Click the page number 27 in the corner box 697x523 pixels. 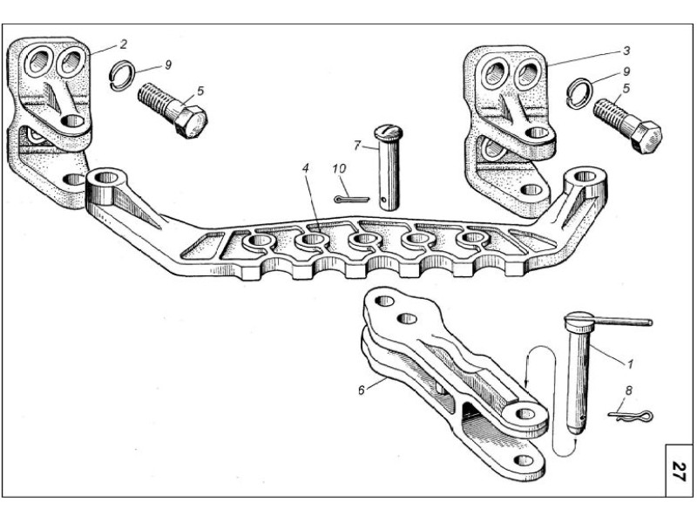[x=679, y=471]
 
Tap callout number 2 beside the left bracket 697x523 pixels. [x=123, y=44]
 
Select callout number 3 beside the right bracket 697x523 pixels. [x=626, y=51]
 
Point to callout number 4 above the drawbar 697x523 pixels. [x=305, y=168]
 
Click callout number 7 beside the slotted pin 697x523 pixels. [x=356, y=145]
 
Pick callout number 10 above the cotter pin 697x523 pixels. [x=339, y=168]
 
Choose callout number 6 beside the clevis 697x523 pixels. [x=362, y=390]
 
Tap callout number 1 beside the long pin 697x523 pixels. [x=629, y=363]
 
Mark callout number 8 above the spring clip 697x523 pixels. [x=628, y=391]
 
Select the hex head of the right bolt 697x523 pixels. [x=646, y=137]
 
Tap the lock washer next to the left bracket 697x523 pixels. [x=120, y=75]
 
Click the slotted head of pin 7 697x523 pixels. [x=388, y=132]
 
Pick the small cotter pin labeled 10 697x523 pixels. [x=352, y=200]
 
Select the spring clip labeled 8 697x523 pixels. [x=630, y=416]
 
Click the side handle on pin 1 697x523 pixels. [x=622, y=320]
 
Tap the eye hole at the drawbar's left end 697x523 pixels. [x=105, y=178]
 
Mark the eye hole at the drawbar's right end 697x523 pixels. [x=585, y=177]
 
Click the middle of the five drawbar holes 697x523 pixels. [x=364, y=239]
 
